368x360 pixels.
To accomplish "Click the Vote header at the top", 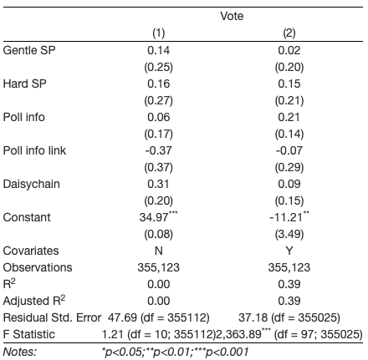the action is (x=232, y=16).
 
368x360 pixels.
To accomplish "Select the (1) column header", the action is (x=158, y=33).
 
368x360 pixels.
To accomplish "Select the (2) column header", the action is (x=289, y=33).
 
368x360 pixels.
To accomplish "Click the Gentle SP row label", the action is (x=29, y=50).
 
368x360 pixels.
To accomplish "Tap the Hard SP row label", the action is (x=25, y=84).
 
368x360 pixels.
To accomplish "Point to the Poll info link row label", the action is (x=34, y=150).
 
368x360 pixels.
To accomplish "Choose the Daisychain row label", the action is (x=32, y=185).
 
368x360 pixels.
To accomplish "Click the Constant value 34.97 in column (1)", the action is (x=154, y=217).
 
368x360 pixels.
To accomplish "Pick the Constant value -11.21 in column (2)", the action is (x=286, y=217).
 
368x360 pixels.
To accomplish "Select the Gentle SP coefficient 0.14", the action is (x=158, y=50).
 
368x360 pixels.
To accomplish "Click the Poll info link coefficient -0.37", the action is (x=158, y=150).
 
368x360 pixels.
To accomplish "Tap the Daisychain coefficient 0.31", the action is (x=158, y=184).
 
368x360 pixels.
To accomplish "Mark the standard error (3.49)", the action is (x=289, y=234).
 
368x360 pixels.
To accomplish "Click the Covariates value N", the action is (x=159, y=251).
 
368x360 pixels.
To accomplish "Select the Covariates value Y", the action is (x=289, y=251).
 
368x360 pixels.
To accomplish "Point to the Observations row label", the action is (x=38, y=267).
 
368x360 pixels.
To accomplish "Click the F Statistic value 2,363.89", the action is (x=238, y=334).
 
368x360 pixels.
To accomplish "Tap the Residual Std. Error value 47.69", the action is (x=122, y=317).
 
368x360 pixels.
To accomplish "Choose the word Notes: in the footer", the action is (x=20, y=352).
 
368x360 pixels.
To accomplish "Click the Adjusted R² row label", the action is (x=34, y=301).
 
